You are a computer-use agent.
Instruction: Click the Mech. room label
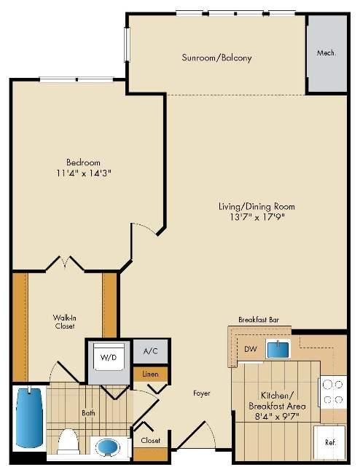(x=326, y=53)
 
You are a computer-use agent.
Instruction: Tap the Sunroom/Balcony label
(x=216, y=58)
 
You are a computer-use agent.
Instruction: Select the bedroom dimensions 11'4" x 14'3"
(x=84, y=173)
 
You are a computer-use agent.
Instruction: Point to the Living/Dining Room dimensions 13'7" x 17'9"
(x=257, y=217)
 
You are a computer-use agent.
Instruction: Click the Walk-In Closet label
(x=64, y=322)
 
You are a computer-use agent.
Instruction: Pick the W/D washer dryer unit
(x=109, y=357)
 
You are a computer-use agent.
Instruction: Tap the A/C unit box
(x=151, y=351)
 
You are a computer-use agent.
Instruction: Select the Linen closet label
(x=151, y=374)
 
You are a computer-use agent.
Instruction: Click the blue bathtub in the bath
(x=29, y=417)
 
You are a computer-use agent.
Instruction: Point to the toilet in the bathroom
(x=68, y=442)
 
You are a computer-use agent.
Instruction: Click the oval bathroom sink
(x=108, y=447)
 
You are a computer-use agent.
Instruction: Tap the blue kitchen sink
(x=278, y=349)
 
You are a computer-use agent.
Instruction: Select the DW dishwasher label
(x=250, y=349)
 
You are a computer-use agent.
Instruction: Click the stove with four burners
(x=332, y=392)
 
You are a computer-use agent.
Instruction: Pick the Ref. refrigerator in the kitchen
(x=329, y=442)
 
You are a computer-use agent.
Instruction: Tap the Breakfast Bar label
(x=259, y=320)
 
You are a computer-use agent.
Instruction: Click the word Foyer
(x=202, y=393)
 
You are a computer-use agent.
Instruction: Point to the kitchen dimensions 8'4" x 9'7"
(x=277, y=416)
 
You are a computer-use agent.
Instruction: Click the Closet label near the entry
(x=151, y=440)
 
